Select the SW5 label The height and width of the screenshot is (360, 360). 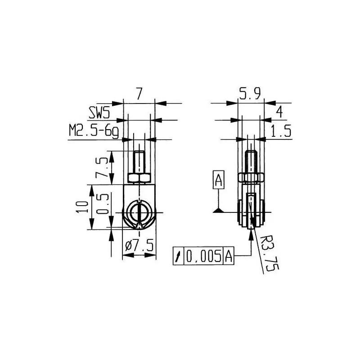99,113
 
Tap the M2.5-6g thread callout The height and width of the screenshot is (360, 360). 94,132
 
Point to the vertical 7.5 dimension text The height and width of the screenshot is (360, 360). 102,167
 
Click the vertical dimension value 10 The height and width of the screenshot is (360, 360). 82,207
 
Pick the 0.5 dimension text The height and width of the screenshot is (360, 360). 102,204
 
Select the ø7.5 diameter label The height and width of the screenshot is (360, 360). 139,246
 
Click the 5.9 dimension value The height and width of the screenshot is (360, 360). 250,94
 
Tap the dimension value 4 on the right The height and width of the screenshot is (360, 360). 279,112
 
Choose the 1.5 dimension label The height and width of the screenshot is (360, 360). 281,131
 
